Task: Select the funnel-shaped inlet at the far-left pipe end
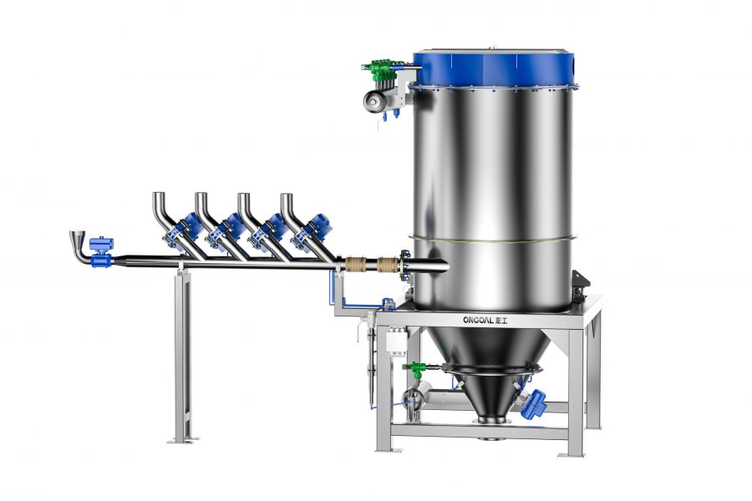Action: [77, 238]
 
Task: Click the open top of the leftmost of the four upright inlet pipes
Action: [159, 194]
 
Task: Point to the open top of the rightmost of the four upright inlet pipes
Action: [287, 194]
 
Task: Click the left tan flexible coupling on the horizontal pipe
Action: [356, 265]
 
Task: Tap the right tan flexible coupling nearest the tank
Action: [387, 265]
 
